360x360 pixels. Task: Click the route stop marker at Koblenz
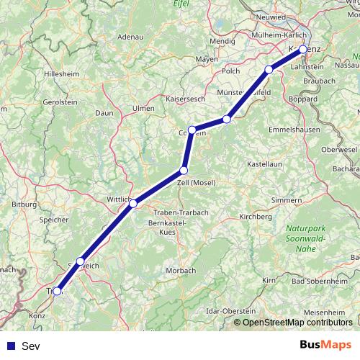click(303, 49)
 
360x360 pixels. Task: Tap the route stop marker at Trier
click(57, 292)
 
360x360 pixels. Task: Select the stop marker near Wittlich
click(133, 204)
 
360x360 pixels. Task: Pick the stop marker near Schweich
click(81, 261)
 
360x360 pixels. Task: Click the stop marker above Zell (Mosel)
click(184, 170)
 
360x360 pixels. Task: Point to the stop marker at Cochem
click(192, 130)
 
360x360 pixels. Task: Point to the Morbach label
click(180, 270)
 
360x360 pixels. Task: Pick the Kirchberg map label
click(256, 215)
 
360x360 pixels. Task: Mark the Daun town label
click(105, 113)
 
